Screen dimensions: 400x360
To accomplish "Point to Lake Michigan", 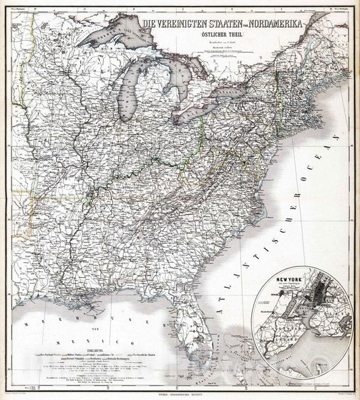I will coord(128,95).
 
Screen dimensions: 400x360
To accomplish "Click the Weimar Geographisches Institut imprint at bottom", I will coord(179,394).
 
